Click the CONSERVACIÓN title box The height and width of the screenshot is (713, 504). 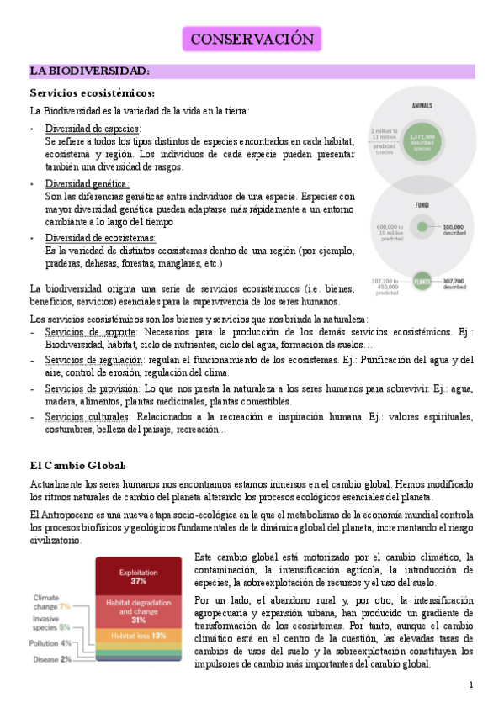[252, 40]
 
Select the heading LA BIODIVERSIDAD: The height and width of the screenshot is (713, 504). [90, 71]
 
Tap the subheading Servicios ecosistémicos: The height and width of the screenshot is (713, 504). [92, 92]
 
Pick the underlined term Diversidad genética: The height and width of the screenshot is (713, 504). [87, 183]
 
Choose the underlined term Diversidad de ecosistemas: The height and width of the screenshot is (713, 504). [100, 238]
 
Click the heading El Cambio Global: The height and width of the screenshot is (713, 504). [78, 465]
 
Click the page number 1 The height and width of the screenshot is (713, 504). [472, 686]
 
